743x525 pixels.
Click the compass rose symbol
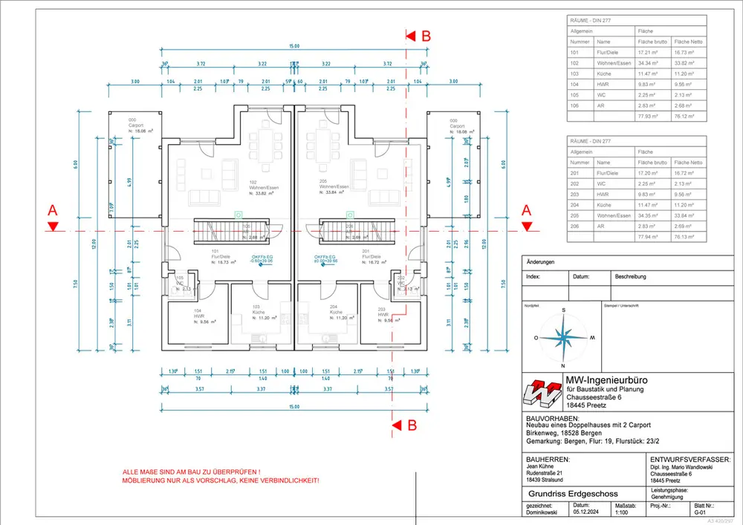click(563, 337)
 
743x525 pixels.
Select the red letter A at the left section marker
click(52, 210)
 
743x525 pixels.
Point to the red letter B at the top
click(426, 35)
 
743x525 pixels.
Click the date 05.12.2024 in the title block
click(586, 512)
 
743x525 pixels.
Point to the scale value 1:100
click(622, 512)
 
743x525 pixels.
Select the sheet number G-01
click(699, 512)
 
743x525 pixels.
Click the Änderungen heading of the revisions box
click(540, 263)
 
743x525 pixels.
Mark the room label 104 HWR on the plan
click(198, 314)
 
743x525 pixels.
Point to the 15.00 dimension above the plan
click(294, 46)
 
